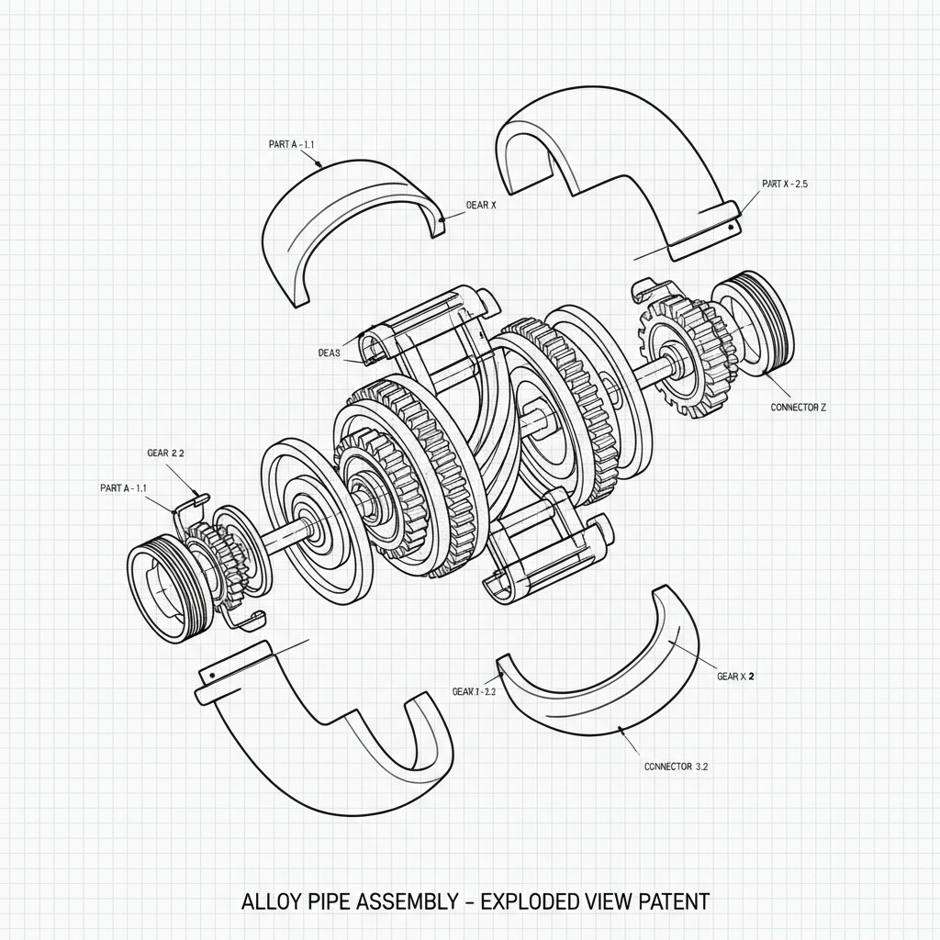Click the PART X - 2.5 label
(x=784, y=185)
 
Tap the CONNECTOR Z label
(x=798, y=407)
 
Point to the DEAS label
(x=329, y=352)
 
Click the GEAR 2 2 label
(x=165, y=453)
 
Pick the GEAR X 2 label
(x=735, y=677)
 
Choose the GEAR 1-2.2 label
(x=474, y=691)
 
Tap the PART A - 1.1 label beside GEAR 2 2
(x=123, y=488)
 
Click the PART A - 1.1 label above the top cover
(x=291, y=144)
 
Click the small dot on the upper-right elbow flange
(x=731, y=225)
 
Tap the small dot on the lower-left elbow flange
(x=213, y=676)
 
